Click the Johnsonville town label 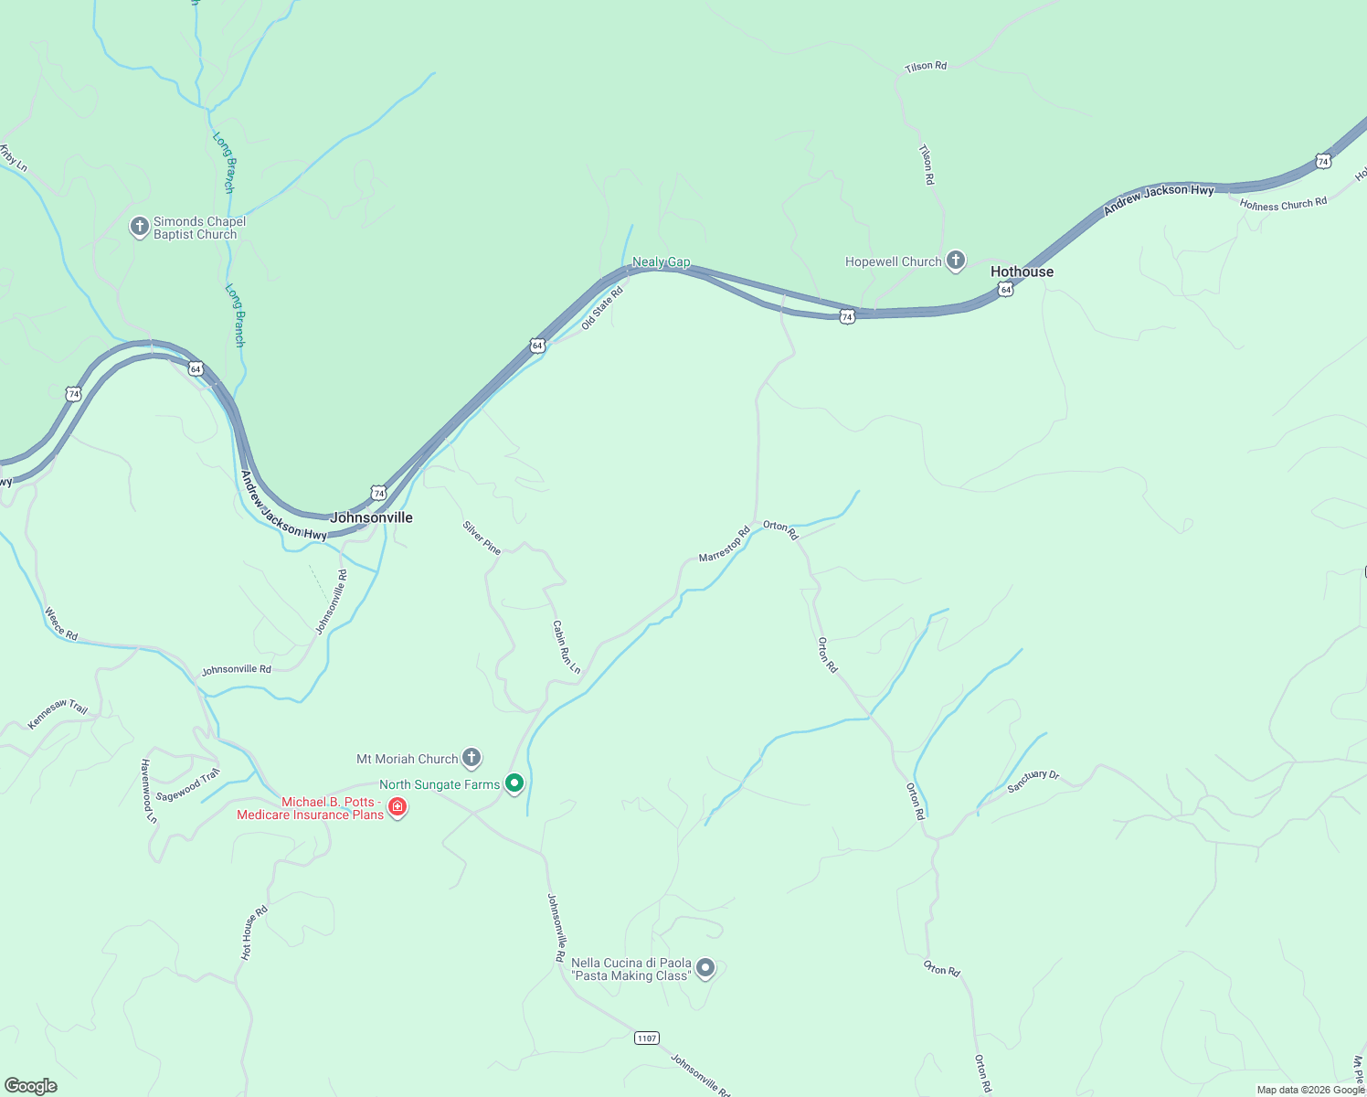[x=371, y=517]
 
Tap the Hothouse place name [x=1022, y=272]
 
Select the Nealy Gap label [x=661, y=262]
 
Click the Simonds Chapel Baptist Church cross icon [x=140, y=227]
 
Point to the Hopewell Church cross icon [x=956, y=261]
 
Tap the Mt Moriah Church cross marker [x=472, y=758]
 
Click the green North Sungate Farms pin [x=514, y=783]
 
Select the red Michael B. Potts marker [x=397, y=807]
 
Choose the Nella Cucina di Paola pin [x=705, y=968]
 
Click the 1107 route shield [x=646, y=1038]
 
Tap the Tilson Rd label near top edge [x=926, y=66]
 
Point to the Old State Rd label [x=601, y=307]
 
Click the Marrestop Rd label [x=724, y=544]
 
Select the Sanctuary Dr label [x=1033, y=781]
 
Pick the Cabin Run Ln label [x=566, y=647]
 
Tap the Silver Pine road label [x=482, y=538]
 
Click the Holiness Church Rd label [x=1283, y=204]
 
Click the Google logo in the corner [x=31, y=1085]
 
